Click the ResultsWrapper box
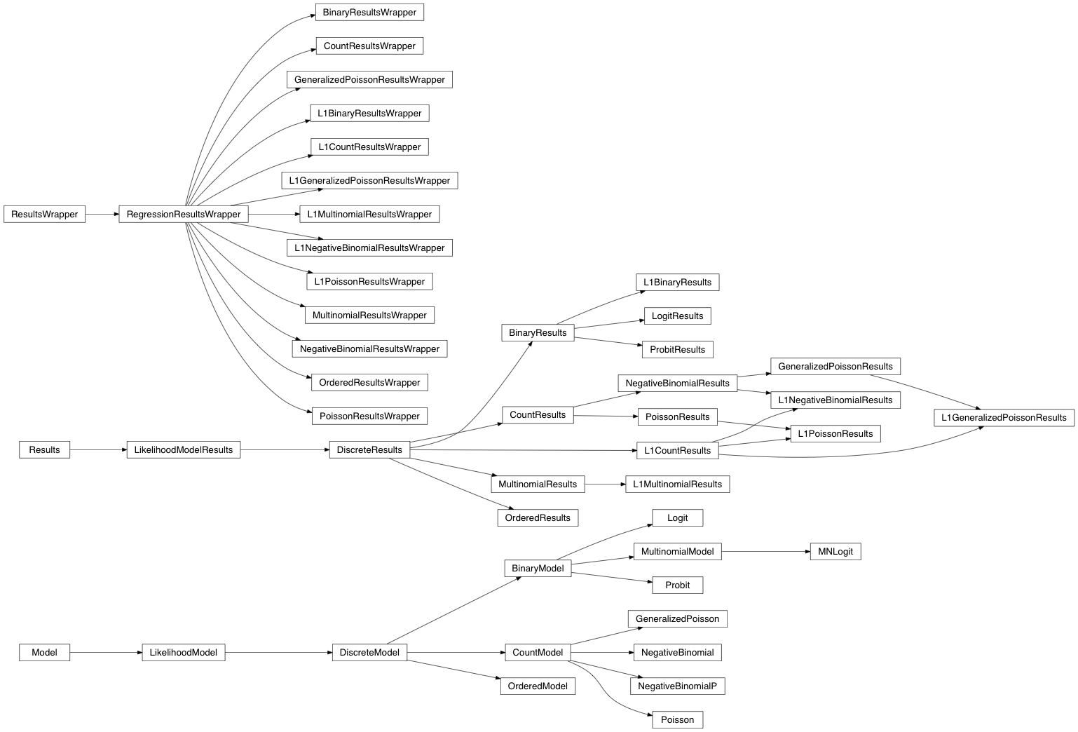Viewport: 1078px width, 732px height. click(44, 215)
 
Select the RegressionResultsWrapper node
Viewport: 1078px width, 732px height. click(183, 215)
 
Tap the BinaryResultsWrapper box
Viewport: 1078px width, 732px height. click(369, 13)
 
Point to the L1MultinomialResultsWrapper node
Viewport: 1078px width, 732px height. click(369, 215)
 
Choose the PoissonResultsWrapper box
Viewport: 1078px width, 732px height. click(369, 416)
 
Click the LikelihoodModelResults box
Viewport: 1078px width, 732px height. click(183, 450)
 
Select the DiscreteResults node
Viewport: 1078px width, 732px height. click(369, 450)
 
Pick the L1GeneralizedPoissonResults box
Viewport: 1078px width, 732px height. click(1004, 418)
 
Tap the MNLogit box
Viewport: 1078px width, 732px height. click(835, 552)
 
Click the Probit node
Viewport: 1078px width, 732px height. click(677, 585)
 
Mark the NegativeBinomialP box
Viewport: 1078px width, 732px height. click(677, 686)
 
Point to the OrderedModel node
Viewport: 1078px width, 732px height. click(538, 686)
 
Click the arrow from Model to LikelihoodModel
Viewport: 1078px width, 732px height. click(106, 653)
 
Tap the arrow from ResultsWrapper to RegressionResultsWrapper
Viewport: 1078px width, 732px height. click(102, 215)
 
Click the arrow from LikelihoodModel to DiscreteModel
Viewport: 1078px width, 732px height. click(278, 653)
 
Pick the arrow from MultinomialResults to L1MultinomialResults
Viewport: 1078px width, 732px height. click(605, 484)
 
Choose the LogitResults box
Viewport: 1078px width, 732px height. click(677, 316)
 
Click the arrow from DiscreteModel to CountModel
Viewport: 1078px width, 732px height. click(456, 653)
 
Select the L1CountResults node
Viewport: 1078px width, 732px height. click(677, 451)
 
